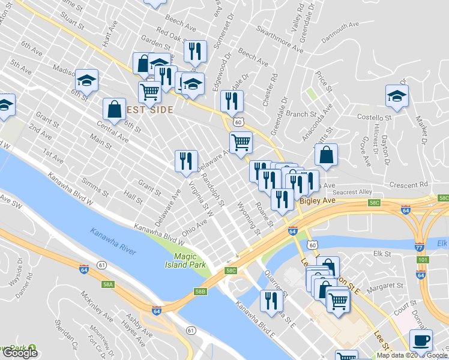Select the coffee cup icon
[421, 341]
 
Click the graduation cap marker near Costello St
[397, 95]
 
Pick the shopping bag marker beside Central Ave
[114, 109]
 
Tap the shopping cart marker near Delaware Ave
[241, 143]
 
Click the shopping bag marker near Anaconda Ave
[326, 154]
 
